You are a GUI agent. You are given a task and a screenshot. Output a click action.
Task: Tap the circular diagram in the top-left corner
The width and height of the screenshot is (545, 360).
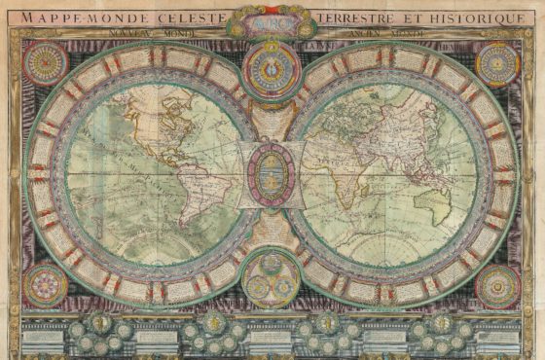[x=45, y=62]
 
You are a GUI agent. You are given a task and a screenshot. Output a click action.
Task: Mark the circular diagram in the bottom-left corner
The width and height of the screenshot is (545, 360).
[x=45, y=286]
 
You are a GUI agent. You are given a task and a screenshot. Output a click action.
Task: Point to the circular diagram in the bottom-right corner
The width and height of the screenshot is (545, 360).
[x=498, y=286]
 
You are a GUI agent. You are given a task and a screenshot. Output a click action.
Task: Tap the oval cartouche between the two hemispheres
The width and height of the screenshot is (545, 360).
[x=272, y=174]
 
